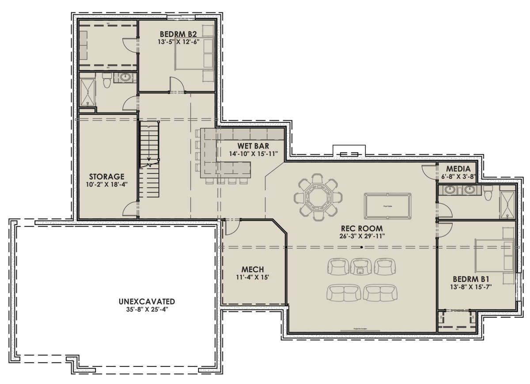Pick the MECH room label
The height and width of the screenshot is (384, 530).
253,270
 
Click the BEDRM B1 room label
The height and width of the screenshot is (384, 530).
472,279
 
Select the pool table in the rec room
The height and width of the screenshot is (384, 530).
387,206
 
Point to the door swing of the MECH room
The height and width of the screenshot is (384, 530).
231,226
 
